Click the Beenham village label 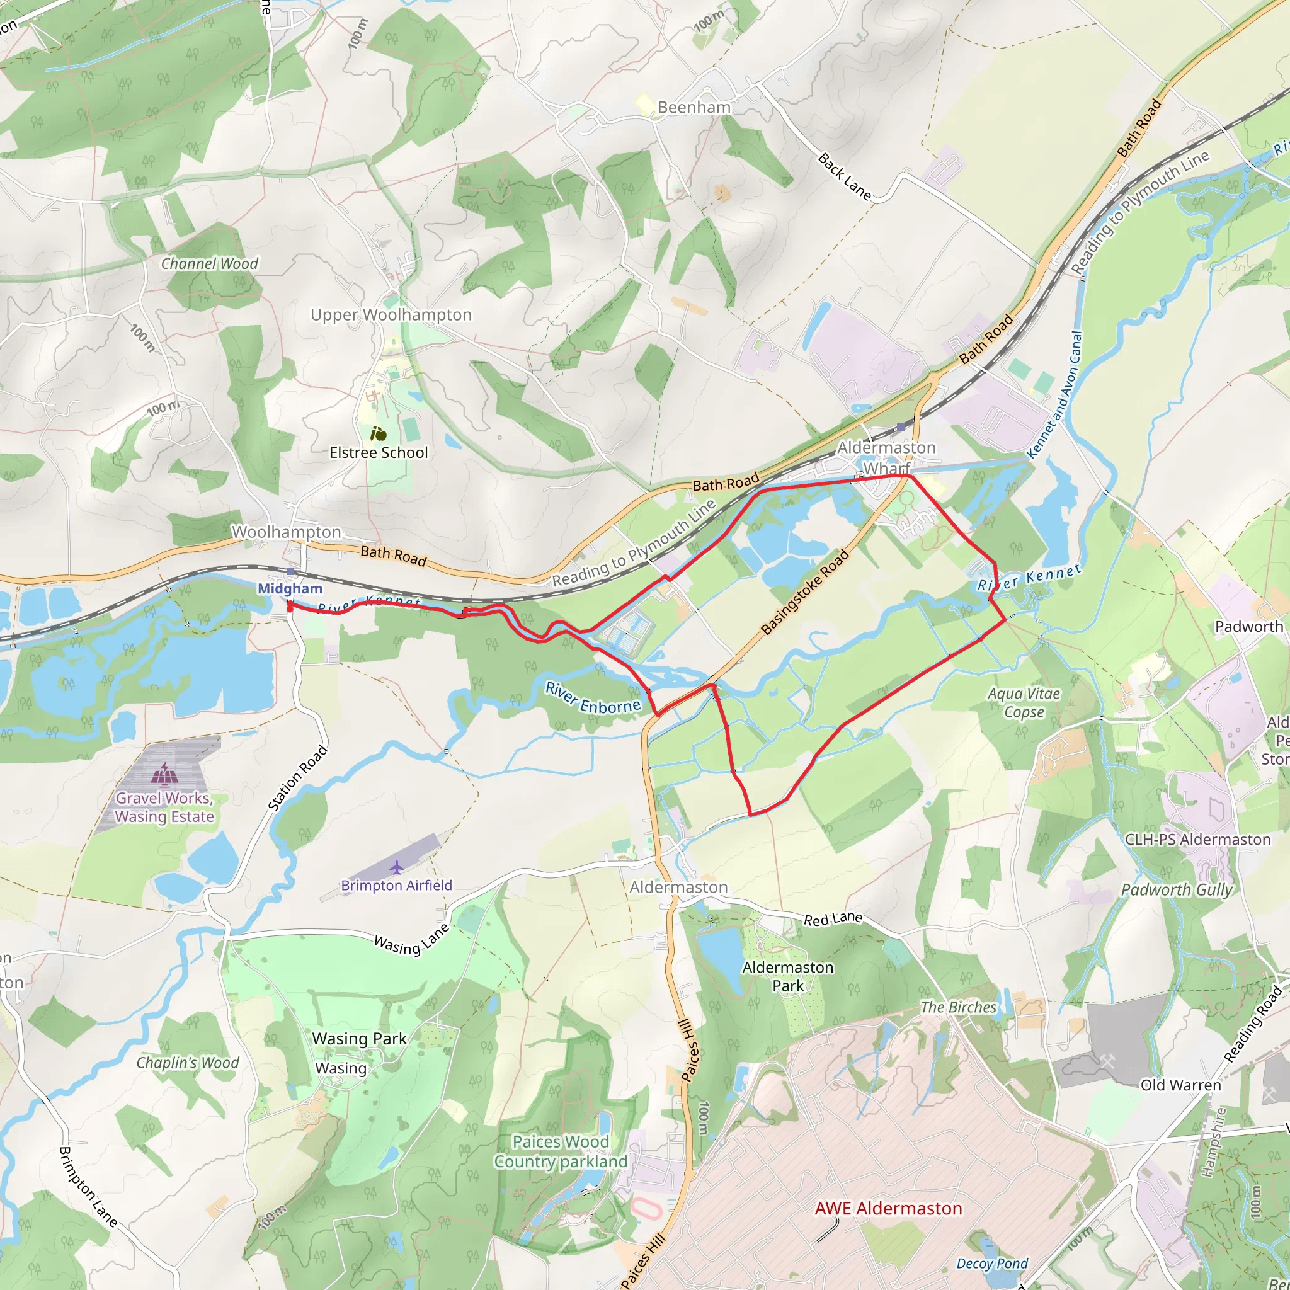pyautogui.click(x=694, y=108)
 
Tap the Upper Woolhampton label pyautogui.click(x=391, y=314)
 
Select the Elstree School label pyautogui.click(x=379, y=453)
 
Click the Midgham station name pyautogui.click(x=290, y=588)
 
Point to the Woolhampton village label pyautogui.click(x=287, y=532)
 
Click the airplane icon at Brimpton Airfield pyautogui.click(x=397, y=867)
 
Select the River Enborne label pyautogui.click(x=592, y=698)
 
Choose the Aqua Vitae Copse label pyautogui.click(x=1024, y=703)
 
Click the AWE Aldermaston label pyautogui.click(x=888, y=1209)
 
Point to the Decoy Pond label pyautogui.click(x=991, y=1264)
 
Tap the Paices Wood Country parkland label pyautogui.click(x=560, y=1152)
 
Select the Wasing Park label pyautogui.click(x=359, y=1039)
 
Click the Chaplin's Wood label pyautogui.click(x=188, y=1063)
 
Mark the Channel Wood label pyautogui.click(x=209, y=264)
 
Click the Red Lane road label pyautogui.click(x=833, y=920)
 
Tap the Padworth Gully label pyautogui.click(x=1177, y=890)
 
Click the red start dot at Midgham pyautogui.click(x=290, y=608)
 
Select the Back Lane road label pyautogui.click(x=845, y=178)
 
